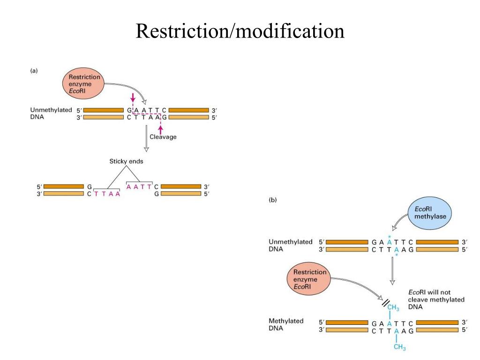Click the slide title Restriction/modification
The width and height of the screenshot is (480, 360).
click(x=240, y=31)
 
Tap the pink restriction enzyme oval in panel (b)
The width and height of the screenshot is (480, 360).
click(x=309, y=279)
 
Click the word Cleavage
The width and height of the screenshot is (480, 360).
click(x=163, y=137)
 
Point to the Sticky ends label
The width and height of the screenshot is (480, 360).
click(x=127, y=161)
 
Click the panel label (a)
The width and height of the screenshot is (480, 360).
click(x=34, y=71)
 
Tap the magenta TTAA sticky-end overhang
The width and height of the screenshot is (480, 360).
click(x=107, y=194)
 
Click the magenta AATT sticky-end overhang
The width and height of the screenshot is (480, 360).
click(x=139, y=186)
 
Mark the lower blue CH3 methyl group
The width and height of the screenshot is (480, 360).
click(x=399, y=347)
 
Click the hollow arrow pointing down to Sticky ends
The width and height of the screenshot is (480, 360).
click(x=146, y=141)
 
